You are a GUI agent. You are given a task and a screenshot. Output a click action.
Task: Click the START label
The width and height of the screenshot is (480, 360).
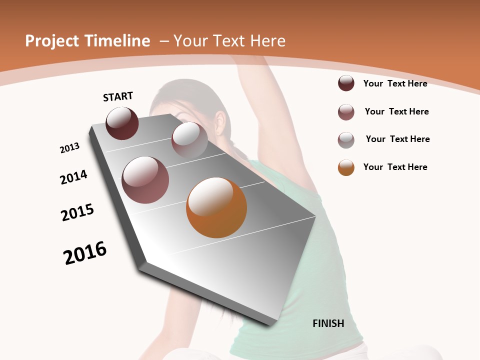[118, 96]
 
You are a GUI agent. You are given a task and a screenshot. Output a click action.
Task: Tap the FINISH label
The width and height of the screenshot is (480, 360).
[328, 323]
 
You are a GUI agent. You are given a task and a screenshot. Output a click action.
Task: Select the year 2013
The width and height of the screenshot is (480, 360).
[69, 148]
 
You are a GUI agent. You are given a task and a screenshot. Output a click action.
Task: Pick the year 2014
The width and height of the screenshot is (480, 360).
[74, 177]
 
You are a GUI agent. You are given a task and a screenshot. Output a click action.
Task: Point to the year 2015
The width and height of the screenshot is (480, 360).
[77, 212]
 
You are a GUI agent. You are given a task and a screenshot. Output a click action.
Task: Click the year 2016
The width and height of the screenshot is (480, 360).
[85, 253]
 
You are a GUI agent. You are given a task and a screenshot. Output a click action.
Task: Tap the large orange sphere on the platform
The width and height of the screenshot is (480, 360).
[216, 207]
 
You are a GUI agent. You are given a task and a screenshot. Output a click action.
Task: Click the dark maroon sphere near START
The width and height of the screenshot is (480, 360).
[122, 123]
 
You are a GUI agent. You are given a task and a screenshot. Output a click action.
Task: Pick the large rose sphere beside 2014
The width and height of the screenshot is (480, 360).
[145, 180]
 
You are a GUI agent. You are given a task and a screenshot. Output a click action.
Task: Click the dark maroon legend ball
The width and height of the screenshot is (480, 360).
[346, 83]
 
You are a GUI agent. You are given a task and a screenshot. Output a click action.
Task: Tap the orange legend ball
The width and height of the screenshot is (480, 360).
[346, 167]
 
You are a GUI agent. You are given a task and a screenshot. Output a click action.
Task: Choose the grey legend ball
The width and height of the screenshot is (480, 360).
[346, 140]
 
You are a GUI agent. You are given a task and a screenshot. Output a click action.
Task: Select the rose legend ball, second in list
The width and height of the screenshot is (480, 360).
[346, 112]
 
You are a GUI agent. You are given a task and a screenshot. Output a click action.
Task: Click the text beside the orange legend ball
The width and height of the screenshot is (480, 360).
[395, 167]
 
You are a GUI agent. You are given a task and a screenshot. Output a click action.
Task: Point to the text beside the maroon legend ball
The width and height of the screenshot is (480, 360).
[395, 83]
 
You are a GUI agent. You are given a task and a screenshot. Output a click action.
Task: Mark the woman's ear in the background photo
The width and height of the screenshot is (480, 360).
[220, 122]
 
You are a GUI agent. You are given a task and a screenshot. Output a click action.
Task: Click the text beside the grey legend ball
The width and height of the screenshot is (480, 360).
[397, 139]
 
